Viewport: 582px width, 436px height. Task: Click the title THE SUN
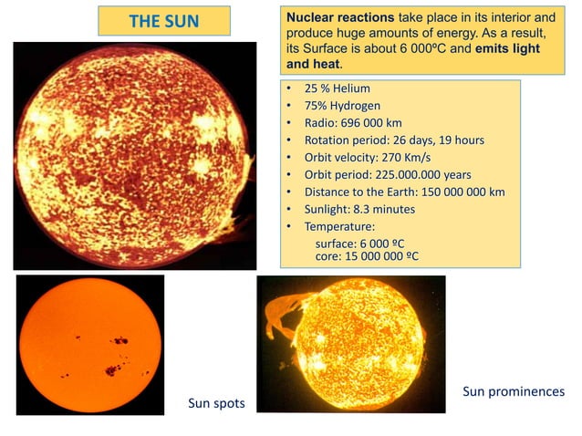coord(164,21)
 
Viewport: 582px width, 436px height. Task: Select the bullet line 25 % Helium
coord(337,88)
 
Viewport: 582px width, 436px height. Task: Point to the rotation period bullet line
coord(393,140)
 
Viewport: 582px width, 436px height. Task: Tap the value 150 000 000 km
coord(458,192)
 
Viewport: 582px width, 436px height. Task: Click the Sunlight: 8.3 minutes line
coord(359,210)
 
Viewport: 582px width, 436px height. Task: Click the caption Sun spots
coord(216,403)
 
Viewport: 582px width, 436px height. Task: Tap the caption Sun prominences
coord(514,391)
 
